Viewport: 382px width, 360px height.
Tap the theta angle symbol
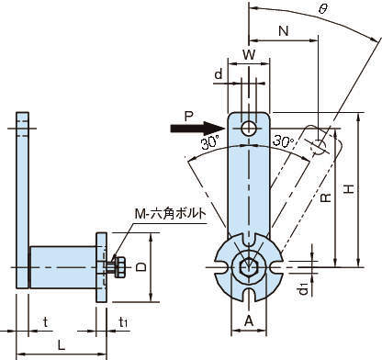point(322,9)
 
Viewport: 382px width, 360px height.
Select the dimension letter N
point(284,31)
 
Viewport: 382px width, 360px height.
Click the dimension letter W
point(249,55)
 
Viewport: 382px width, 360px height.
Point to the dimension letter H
point(349,189)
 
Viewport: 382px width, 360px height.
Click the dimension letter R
point(326,197)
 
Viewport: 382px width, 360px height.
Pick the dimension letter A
point(249,321)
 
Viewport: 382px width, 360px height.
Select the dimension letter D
point(141,267)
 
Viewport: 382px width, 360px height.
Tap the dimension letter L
point(62,345)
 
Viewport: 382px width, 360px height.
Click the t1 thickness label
point(123,322)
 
